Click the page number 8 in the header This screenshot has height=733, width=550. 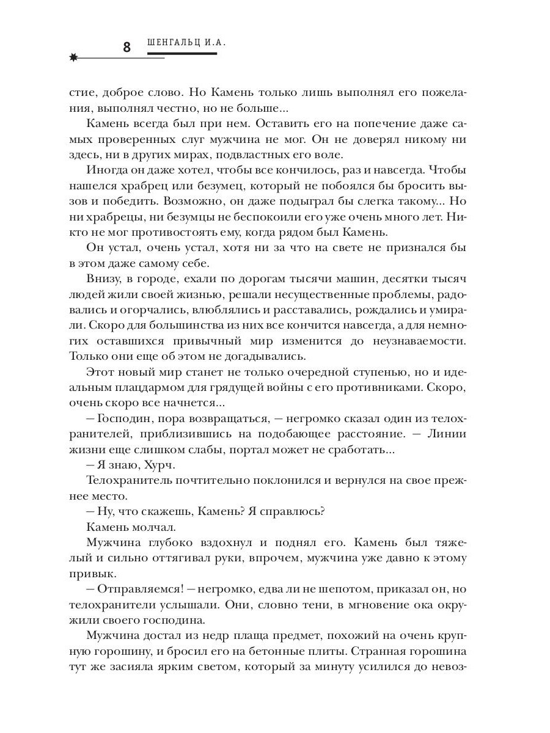pyautogui.click(x=127, y=47)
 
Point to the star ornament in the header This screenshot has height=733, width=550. pyautogui.click(x=74, y=58)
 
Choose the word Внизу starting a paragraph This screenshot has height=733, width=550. pyautogui.click(x=105, y=278)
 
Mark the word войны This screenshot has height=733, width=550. pyautogui.click(x=292, y=387)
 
